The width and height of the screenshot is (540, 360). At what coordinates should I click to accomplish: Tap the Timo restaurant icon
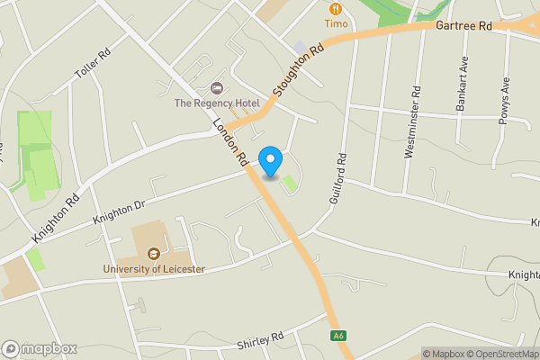(x=337, y=6)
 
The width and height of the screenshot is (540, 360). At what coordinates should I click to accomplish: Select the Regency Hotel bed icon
(x=216, y=88)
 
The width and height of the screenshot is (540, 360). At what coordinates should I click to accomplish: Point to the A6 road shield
(x=338, y=336)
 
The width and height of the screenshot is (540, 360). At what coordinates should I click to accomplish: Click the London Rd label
(x=233, y=143)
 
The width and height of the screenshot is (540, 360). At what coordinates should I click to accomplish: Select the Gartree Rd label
(x=463, y=27)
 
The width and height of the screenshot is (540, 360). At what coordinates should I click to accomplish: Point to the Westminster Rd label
(x=413, y=122)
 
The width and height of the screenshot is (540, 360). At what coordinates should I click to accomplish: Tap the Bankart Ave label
(x=463, y=87)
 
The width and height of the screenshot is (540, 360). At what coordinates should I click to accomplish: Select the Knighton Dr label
(x=119, y=213)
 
